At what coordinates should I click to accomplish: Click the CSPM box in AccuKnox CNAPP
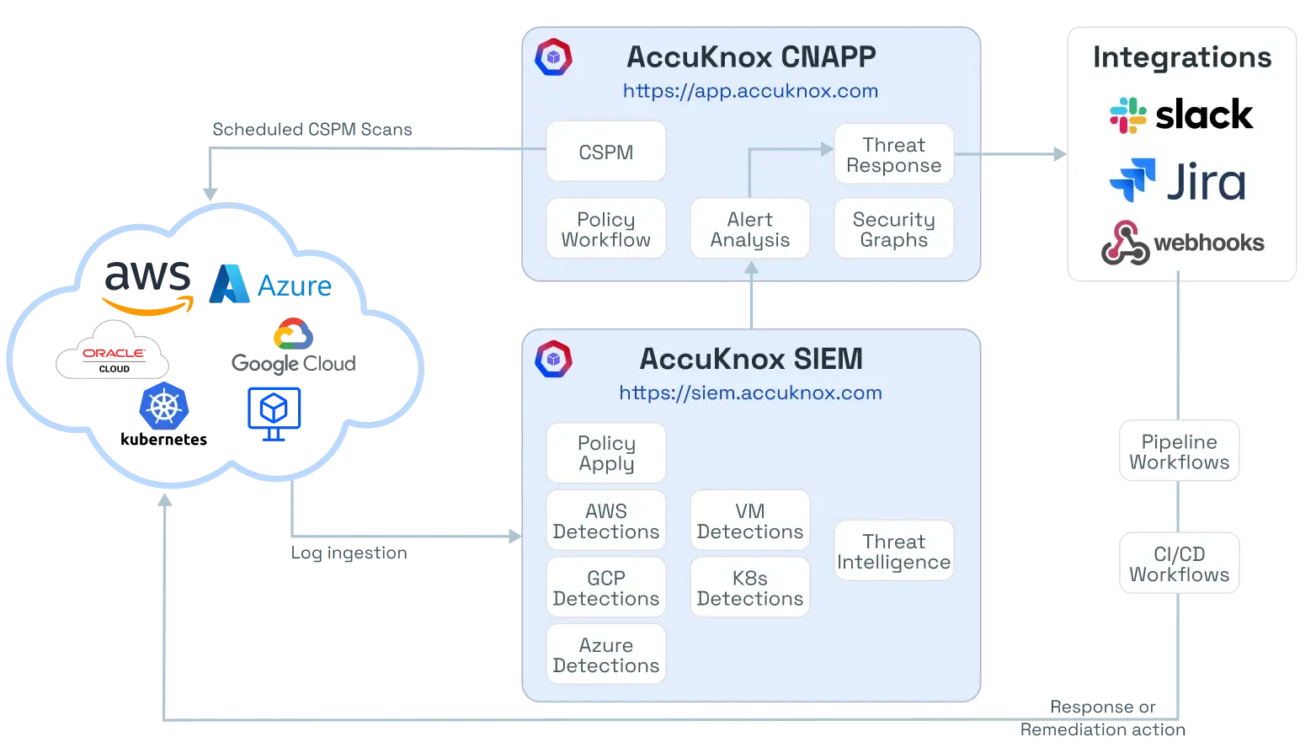[x=605, y=152]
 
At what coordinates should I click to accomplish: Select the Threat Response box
[x=893, y=154]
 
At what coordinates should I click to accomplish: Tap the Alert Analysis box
[x=749, y=229]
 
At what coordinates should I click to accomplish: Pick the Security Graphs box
[x=893, y=229]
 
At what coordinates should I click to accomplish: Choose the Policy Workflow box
[x=605, y=229]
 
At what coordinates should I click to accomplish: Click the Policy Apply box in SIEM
[x=605, y=453]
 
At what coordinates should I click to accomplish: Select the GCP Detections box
[x=605, y=588]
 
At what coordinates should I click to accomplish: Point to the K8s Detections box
[x=749, y=588]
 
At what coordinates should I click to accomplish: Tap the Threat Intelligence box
[x=893, y=552]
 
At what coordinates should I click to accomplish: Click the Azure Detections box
[x=605, y=654]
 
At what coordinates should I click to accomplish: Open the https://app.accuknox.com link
[x=750, y=91]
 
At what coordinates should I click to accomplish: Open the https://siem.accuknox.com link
[x=750, y=393]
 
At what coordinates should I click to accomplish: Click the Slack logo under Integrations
[x=1181, y=115]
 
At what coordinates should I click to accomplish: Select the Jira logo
[x=1178, y=181]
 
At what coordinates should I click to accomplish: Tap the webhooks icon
[x=1126, y=243]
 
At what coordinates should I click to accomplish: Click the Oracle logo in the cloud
[x=114, y=351]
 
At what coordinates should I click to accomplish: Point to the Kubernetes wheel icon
[x=164, y=406]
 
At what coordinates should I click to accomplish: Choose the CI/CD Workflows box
[x=1179, y=563]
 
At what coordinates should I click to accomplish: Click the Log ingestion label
[x=349, y=553]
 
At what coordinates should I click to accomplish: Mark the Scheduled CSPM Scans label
[x=312, y=129]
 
